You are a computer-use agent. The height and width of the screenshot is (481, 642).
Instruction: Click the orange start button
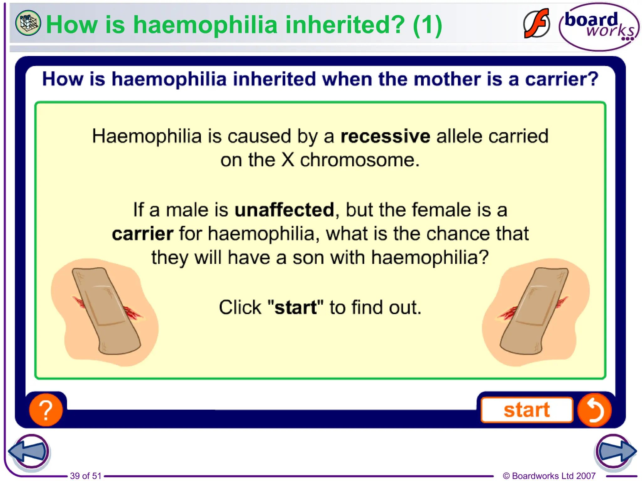click(527, 410)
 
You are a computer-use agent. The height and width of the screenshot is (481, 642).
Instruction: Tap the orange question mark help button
click(46, 410)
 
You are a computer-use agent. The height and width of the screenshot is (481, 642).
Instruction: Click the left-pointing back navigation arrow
click(29, 451)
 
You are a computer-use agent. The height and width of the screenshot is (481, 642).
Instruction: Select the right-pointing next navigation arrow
click(615, 451)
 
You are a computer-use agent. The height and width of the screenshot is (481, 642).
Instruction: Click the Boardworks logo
click(599, 27)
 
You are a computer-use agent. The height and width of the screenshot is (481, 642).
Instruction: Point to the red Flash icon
click(536, 24)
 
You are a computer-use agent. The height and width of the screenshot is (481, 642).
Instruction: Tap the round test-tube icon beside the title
click(28, 23)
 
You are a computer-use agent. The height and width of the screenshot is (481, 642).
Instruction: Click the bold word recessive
click(385, 137)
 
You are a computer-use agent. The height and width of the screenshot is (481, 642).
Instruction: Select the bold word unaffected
click(284, 210)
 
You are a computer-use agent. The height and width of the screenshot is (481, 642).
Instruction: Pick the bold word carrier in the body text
click(143, 234)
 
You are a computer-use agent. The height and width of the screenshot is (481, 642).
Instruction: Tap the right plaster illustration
click(535, 312)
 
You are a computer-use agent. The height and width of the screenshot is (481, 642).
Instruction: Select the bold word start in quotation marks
click(296, 308)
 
